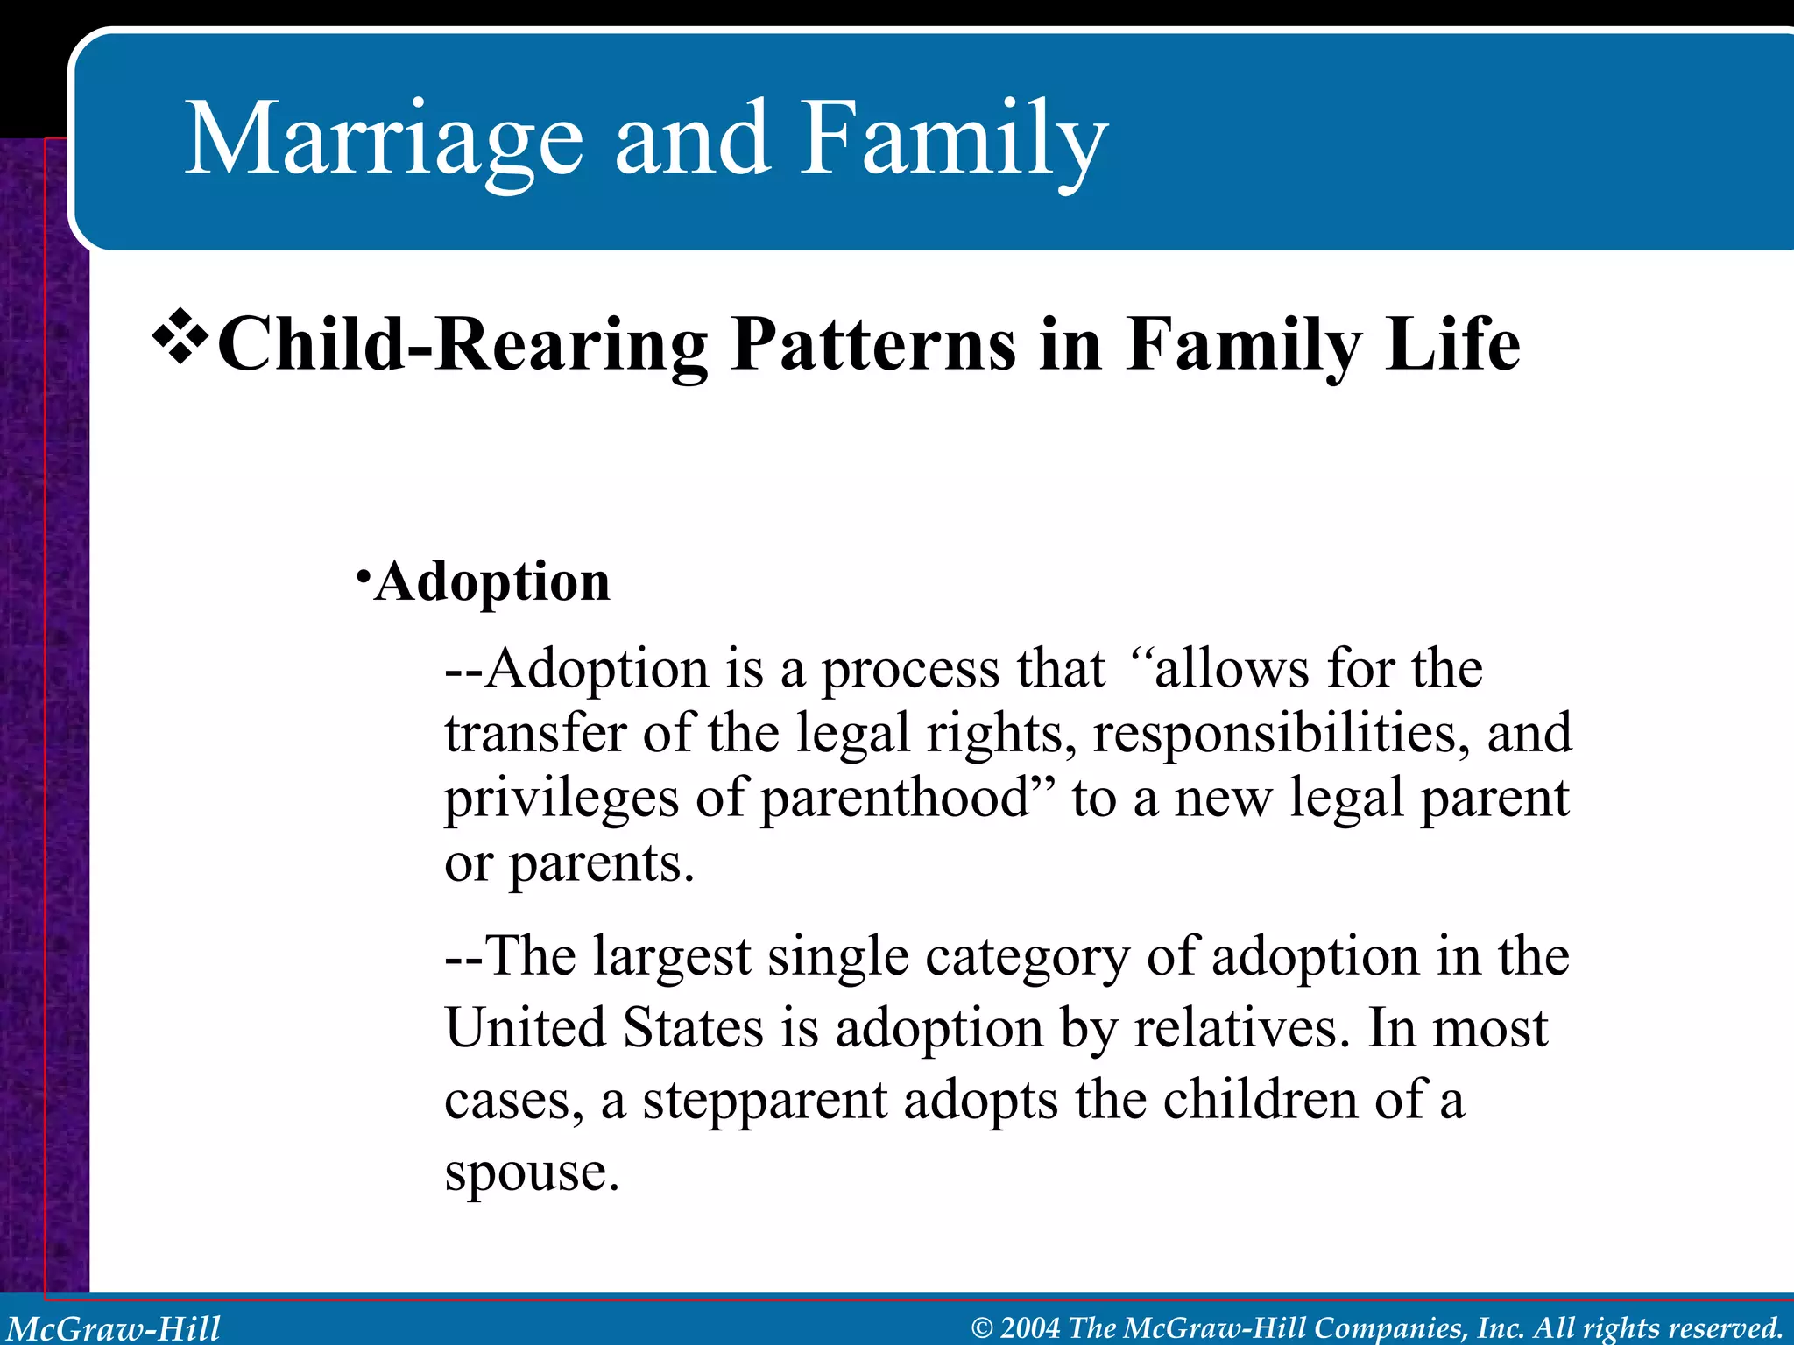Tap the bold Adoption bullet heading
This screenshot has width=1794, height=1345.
(x=491, y=581)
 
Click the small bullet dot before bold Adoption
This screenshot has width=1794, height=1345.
(x=363, y=578)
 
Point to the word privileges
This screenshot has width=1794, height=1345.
(x=561, y=799)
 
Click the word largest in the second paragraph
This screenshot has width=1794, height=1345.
(x=671, y=956)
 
